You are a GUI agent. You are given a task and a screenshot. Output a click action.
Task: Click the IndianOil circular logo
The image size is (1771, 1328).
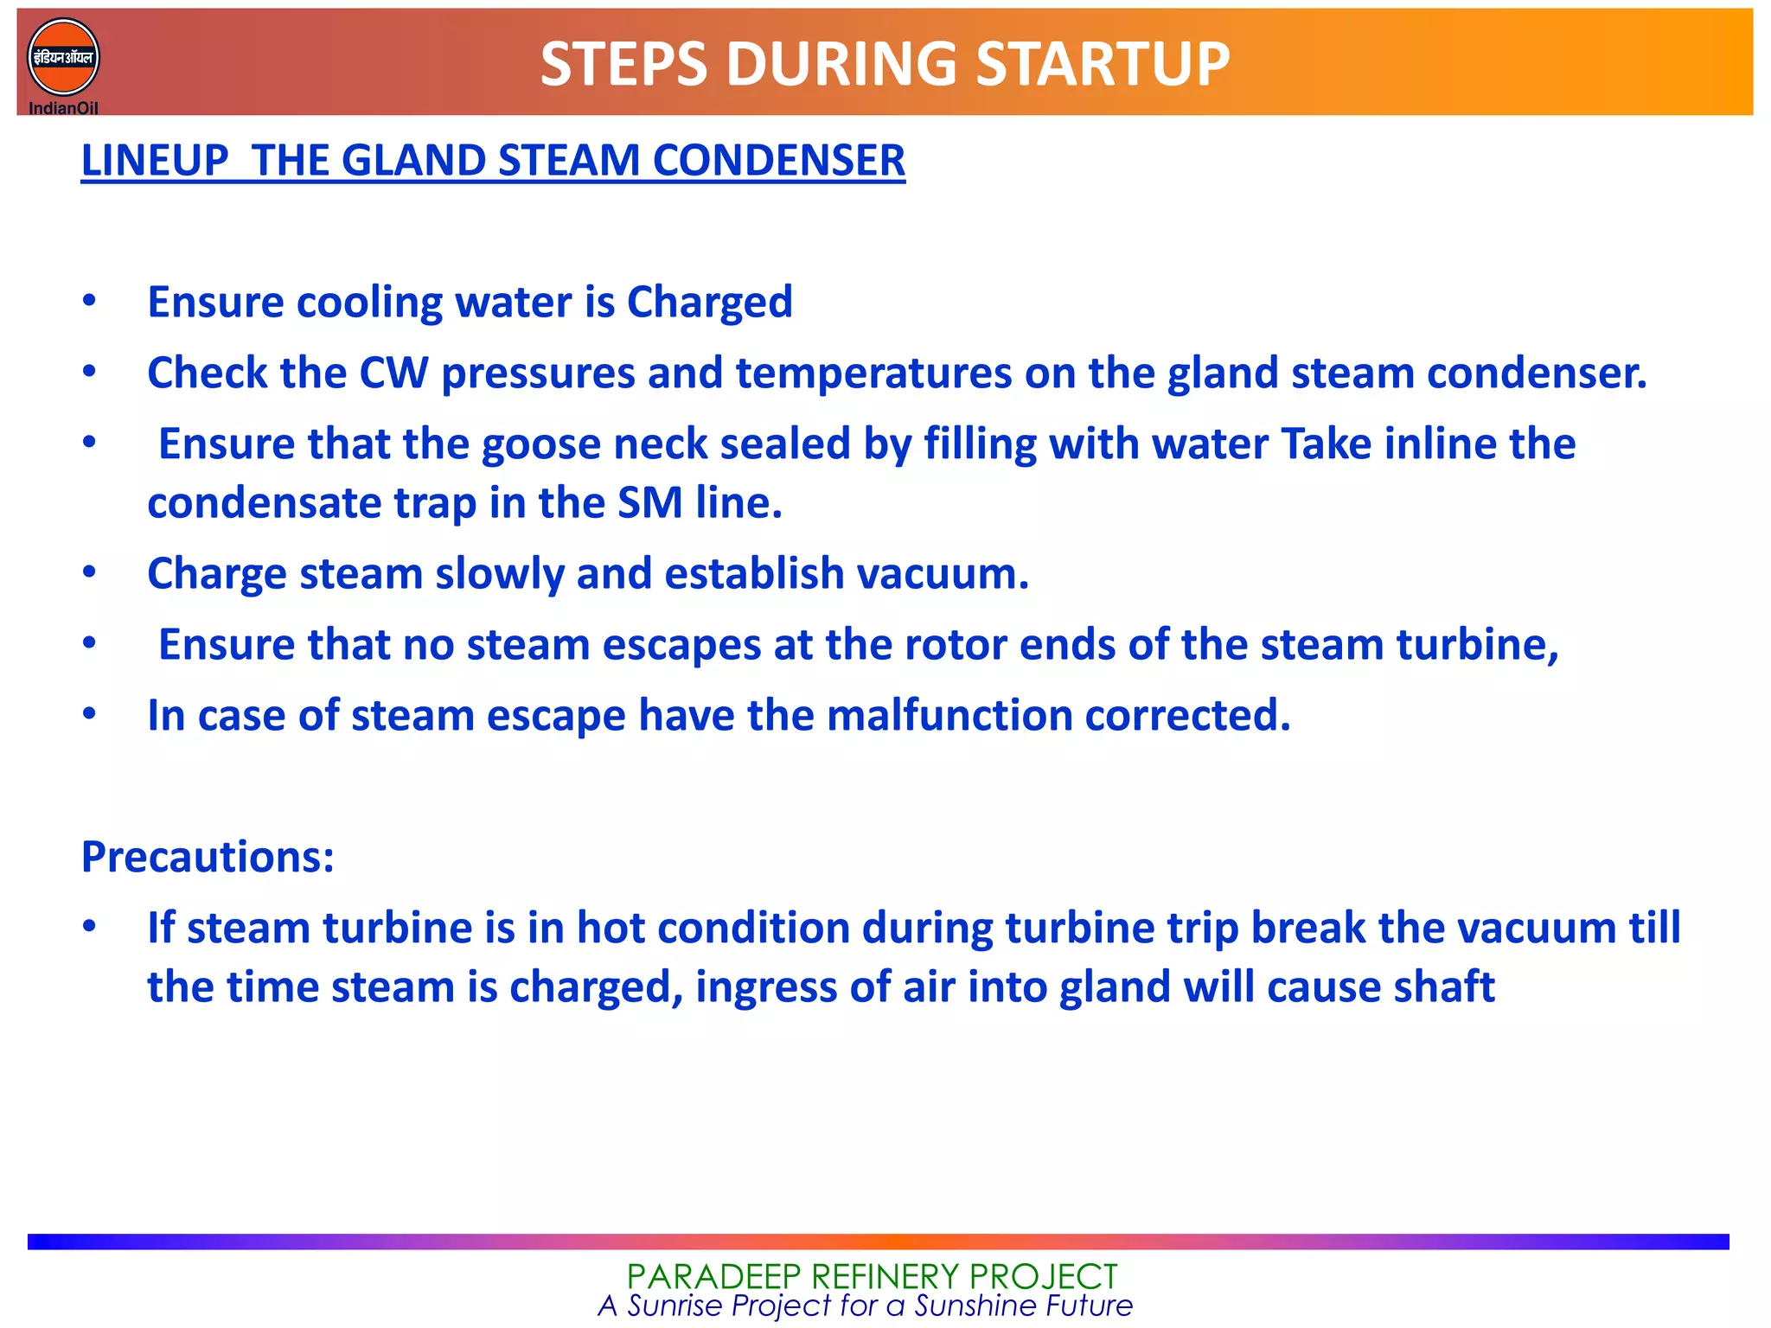[63, 58]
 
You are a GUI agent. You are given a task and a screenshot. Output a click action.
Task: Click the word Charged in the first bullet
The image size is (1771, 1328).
[709, 303]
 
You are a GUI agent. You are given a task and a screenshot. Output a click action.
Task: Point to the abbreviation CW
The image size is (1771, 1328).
[393, 373]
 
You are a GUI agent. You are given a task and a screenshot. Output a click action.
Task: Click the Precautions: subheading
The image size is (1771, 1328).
[208, 857]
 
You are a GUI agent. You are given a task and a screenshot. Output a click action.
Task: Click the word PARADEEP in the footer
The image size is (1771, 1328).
[706, 1276]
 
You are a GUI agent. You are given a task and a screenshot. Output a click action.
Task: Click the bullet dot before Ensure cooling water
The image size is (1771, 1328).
[89, 302]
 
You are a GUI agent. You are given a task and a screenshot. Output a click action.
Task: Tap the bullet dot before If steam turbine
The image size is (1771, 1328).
[89, 927]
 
